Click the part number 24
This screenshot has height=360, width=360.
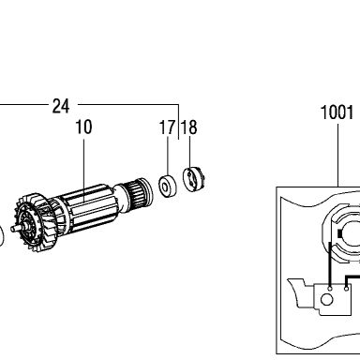pyautogui.click(x=61, y=106)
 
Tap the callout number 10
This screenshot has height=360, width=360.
pyautogui.click(x=83, y=127)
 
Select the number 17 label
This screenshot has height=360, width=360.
pyautogui.click(x=167, y=127)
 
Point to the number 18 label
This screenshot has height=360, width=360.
pyautogui.click(x=189, y=127)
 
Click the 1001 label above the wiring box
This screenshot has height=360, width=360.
pyautogui.click(x=337, y=112)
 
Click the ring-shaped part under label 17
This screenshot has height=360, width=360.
pyautogui.click(x=168, y=187)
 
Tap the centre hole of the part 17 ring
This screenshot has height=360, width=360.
pyautogui.click(x=164, y=187)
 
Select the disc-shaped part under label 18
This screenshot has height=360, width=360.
pyautogui.click(x=194, y=179)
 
